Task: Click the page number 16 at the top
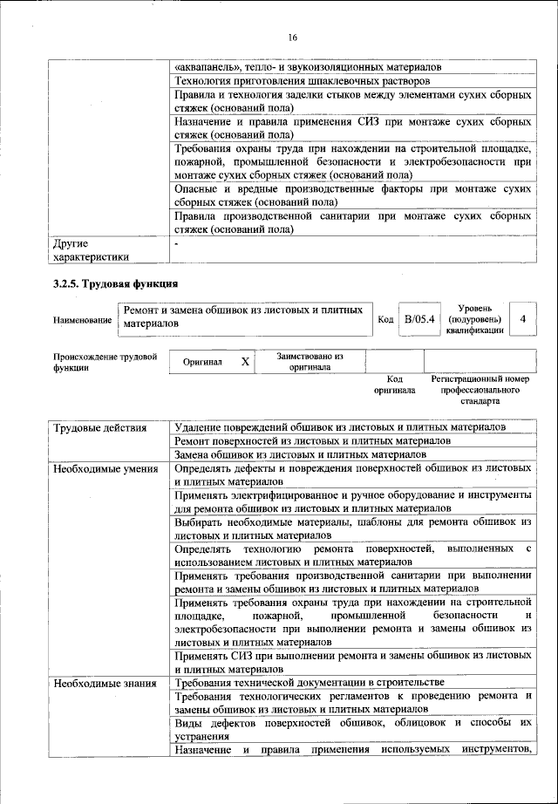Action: pyautogui.click(x=292, y=37)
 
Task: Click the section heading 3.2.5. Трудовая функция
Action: pyautogui.click(x=116, y=283)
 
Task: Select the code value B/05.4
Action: pyautogui.click(x=418, y=320)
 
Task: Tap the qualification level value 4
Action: pyautogui.click(x=521, y=320)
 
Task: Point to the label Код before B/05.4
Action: pyautogui.click(x=385, y=321)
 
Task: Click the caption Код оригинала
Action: pyautogui.click(x=394, y=385)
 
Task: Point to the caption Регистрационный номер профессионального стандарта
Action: pyautogui.click(x=480, y=392)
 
